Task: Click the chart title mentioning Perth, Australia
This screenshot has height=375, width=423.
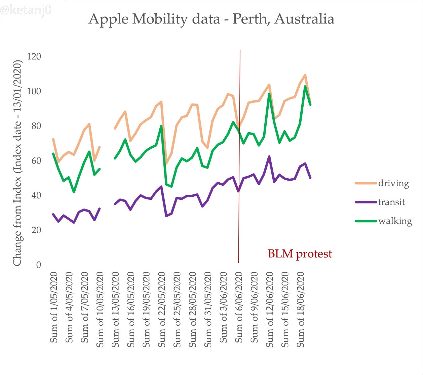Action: pos(211,19)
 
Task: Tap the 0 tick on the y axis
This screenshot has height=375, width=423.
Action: pos(38,265)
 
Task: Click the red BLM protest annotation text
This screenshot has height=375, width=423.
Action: pos(300,254)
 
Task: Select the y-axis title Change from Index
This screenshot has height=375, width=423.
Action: pos(17,163)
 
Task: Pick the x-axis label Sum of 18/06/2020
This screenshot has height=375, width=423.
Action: pos(301,309)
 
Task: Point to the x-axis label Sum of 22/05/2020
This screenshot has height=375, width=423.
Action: pos(162,309)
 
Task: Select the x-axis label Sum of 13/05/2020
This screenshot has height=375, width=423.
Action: pos(116,309)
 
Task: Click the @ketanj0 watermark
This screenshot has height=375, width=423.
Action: pos(26,10)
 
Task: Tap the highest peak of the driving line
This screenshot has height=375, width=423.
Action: pos(305,75)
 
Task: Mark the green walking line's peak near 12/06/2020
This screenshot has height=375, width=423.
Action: pos(269,94)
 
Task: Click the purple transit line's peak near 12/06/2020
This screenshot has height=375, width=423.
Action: pos(269,156)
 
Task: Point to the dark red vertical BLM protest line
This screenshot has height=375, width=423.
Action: pos(239,151)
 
